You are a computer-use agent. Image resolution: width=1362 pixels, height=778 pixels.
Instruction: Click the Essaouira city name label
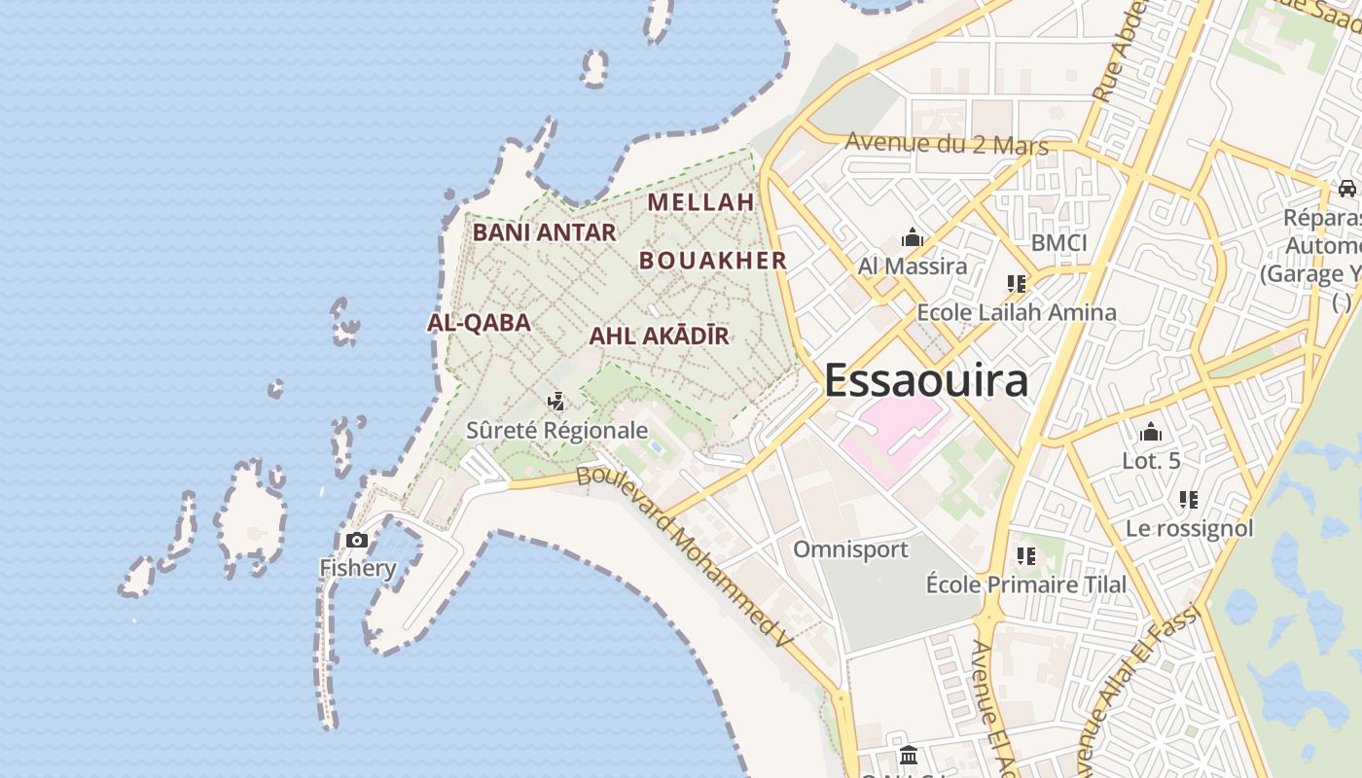coord(925,379)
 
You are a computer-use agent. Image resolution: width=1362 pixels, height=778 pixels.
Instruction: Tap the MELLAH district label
coord(700,202)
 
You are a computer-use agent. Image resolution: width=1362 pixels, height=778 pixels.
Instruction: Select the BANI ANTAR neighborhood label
coord(544,232)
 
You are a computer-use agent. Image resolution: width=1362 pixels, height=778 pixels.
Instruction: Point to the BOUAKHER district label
coord(713,261)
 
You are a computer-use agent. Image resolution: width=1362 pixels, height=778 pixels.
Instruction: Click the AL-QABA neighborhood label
coord(480,323)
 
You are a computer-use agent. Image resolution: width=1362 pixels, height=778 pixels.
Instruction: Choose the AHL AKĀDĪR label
coord(659,336)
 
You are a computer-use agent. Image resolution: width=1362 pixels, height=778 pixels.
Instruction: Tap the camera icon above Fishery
coord(357,540)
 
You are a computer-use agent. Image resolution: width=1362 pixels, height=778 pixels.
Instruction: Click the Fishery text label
coord(357,568)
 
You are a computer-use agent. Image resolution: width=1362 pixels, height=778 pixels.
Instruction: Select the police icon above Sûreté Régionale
coord(556,401)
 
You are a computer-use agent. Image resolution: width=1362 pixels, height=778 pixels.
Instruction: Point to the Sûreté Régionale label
coord(556,430)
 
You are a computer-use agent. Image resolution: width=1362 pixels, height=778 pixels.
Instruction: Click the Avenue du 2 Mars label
coord(946,144)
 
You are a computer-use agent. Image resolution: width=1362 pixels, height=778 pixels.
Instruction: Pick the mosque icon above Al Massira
coord(912,237)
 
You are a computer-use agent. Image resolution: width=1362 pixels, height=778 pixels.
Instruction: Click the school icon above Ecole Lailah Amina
coord(1017,284)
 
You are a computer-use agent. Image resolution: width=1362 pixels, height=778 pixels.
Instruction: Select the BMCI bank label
coord(1058,242)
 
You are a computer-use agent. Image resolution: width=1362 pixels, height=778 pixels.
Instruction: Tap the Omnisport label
coord(850,549)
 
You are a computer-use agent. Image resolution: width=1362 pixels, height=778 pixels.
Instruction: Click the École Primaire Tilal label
coord(1025,584)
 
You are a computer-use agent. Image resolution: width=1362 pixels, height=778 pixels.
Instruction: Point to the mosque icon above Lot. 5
coord(1151,432)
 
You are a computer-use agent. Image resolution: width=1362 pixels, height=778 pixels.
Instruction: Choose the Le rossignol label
coord(1189,529)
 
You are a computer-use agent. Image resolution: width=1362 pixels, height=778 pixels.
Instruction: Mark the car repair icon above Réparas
coord(1346,189)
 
